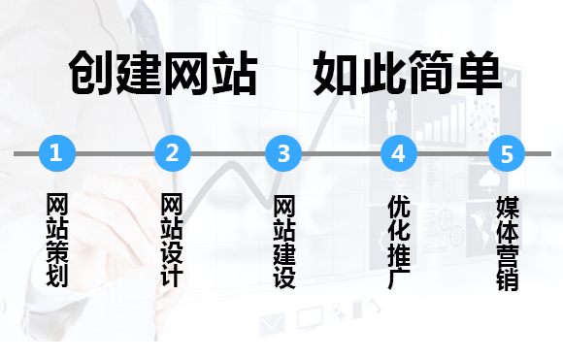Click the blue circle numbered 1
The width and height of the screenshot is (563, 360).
(57, 153)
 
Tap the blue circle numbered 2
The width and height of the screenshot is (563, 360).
(173, 153)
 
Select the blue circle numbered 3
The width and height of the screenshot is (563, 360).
(283, 153)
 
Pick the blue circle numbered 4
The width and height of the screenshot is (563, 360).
(399, 153)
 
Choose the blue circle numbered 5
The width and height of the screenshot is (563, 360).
(507, 153)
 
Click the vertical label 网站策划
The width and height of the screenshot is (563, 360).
(57, 240)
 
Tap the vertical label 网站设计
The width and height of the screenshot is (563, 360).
(172, 240)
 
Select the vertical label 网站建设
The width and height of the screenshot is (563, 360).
(284, 242)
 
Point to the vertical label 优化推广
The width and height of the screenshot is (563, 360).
(399, 242)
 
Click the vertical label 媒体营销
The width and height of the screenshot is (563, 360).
(508, 243)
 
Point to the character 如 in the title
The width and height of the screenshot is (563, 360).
(337, 73)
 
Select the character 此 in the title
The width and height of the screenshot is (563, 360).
(383, 73)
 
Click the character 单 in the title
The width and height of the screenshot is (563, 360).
(479, 73)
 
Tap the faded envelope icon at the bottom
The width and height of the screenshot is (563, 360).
(272, 324)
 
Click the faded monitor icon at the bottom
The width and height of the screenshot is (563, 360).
(310, 318)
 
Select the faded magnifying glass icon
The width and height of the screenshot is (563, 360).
(338, 311)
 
